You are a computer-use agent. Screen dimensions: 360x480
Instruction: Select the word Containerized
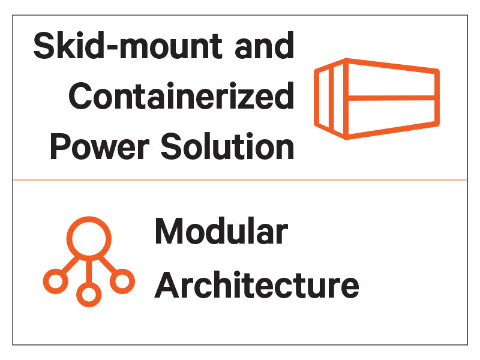[181, 96]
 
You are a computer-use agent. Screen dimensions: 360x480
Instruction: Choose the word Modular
[221, 232]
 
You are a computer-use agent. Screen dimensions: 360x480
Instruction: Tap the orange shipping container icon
[377, 98]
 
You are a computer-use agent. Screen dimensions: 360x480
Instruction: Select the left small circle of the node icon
[55, 281]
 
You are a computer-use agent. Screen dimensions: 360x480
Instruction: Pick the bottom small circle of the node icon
[89, 294]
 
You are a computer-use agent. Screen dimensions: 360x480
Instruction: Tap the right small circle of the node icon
[122, 281]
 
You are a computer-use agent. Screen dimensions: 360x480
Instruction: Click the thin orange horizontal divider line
[240, 179]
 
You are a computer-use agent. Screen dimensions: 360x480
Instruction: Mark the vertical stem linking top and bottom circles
[89, 270]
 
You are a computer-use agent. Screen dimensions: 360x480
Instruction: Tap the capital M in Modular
[168, 232]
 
